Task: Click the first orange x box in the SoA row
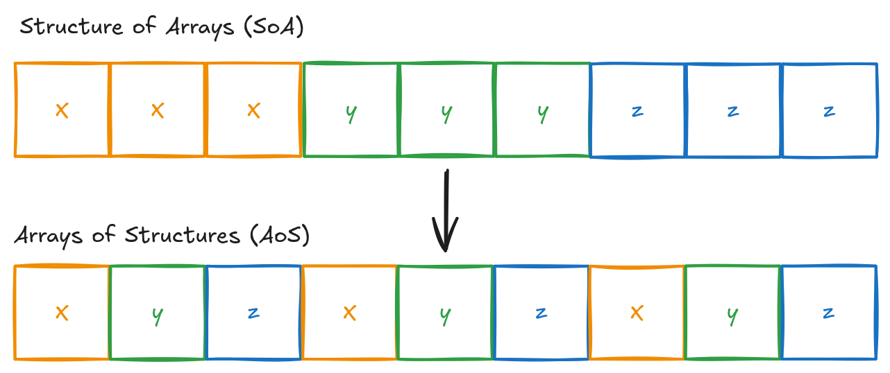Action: pyautogui.click(x=62, y=110)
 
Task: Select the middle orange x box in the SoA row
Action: pyautogui.click(x=158, y=110)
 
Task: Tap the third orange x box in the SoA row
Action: pyautogui.click(x=253, y=110)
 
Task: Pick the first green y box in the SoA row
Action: pyautogui.click(x=351, y=110)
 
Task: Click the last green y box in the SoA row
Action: pyautogui.click(x=542, y=110)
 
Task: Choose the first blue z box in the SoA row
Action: pyautogui.click(x=638, y=110)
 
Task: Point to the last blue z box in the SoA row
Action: pyautogui.click(x=829, y=110)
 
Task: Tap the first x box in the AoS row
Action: pyautogui.click(x=62, y=313)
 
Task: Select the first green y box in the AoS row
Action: pyautogui.click(x=158, y=313)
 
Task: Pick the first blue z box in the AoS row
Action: pyautogui.click(x=253, y=313)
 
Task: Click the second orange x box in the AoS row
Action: pyautogui.click(x=349, y=313)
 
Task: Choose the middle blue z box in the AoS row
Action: pyautogui.click(x=541, y=313)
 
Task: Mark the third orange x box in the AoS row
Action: pyautogui.click(x=637, y=313)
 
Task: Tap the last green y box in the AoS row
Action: pyautogui.click(x=732, y=313)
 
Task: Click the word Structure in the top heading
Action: pyautogui.click(x=68, y=27)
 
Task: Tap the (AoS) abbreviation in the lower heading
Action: pyautogui.click(x=276, y=235)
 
